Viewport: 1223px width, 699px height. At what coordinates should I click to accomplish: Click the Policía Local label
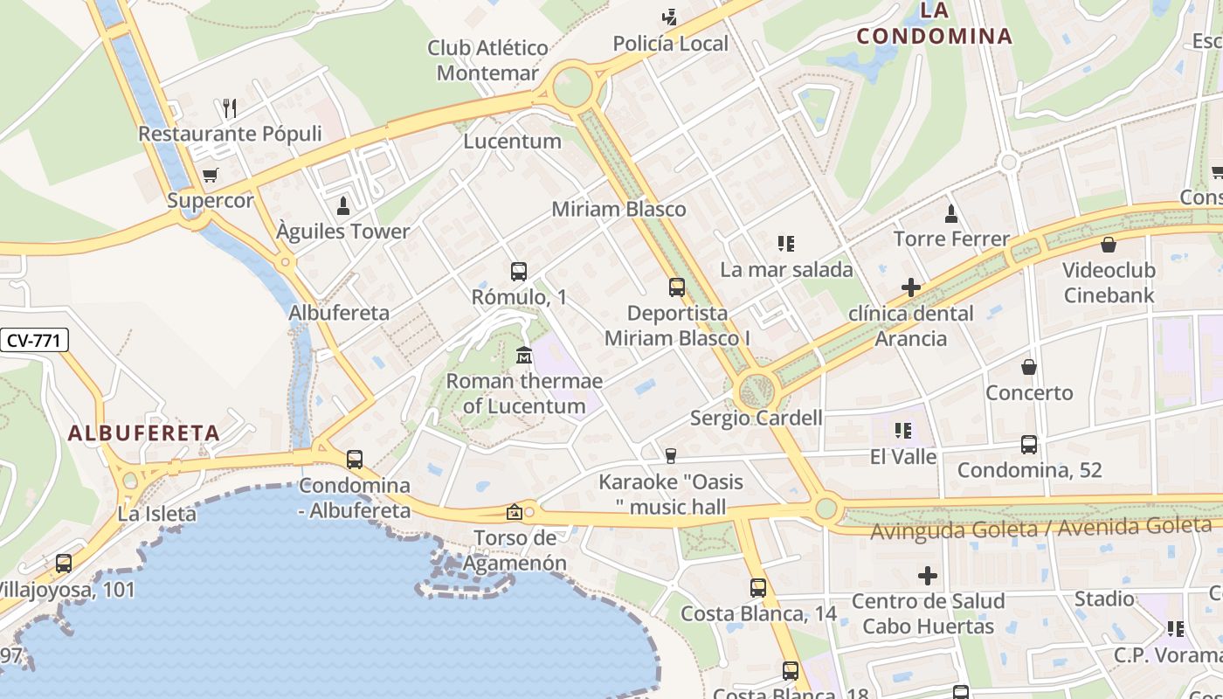point(670,44)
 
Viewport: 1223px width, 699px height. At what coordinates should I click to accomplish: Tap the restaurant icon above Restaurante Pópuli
point(230,108)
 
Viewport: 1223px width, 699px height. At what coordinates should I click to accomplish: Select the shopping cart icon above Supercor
point(210,176)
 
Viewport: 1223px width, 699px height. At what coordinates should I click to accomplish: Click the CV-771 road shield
point(33,340)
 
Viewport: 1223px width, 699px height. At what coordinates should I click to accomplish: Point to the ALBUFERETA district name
point(144,433)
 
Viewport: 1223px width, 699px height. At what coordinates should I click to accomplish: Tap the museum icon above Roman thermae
point(524,356)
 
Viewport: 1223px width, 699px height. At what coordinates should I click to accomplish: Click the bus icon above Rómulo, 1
point(519,272)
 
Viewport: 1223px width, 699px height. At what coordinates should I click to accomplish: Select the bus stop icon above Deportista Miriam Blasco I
point(677,287)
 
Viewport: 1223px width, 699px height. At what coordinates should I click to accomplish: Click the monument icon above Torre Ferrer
point(951,213)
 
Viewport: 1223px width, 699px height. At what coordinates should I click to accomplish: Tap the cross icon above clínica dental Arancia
point(911,287)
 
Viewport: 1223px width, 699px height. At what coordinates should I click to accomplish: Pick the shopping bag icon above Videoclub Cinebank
point(1109,245)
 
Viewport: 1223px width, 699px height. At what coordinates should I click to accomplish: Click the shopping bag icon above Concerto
point(1029,367)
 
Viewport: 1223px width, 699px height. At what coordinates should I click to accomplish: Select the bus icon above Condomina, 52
point(1029,445)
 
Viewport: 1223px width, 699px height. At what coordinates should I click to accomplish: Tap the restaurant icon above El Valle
point(903,431)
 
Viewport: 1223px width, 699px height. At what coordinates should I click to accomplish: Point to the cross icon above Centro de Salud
point(928,576)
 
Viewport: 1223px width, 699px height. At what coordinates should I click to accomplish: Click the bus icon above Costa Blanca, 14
point(758,588)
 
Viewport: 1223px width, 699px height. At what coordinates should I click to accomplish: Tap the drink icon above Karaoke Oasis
point(670,455)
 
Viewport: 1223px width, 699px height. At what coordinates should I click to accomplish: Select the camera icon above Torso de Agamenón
point(514,512)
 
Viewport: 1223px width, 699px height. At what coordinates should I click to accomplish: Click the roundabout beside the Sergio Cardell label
point(757,391)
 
